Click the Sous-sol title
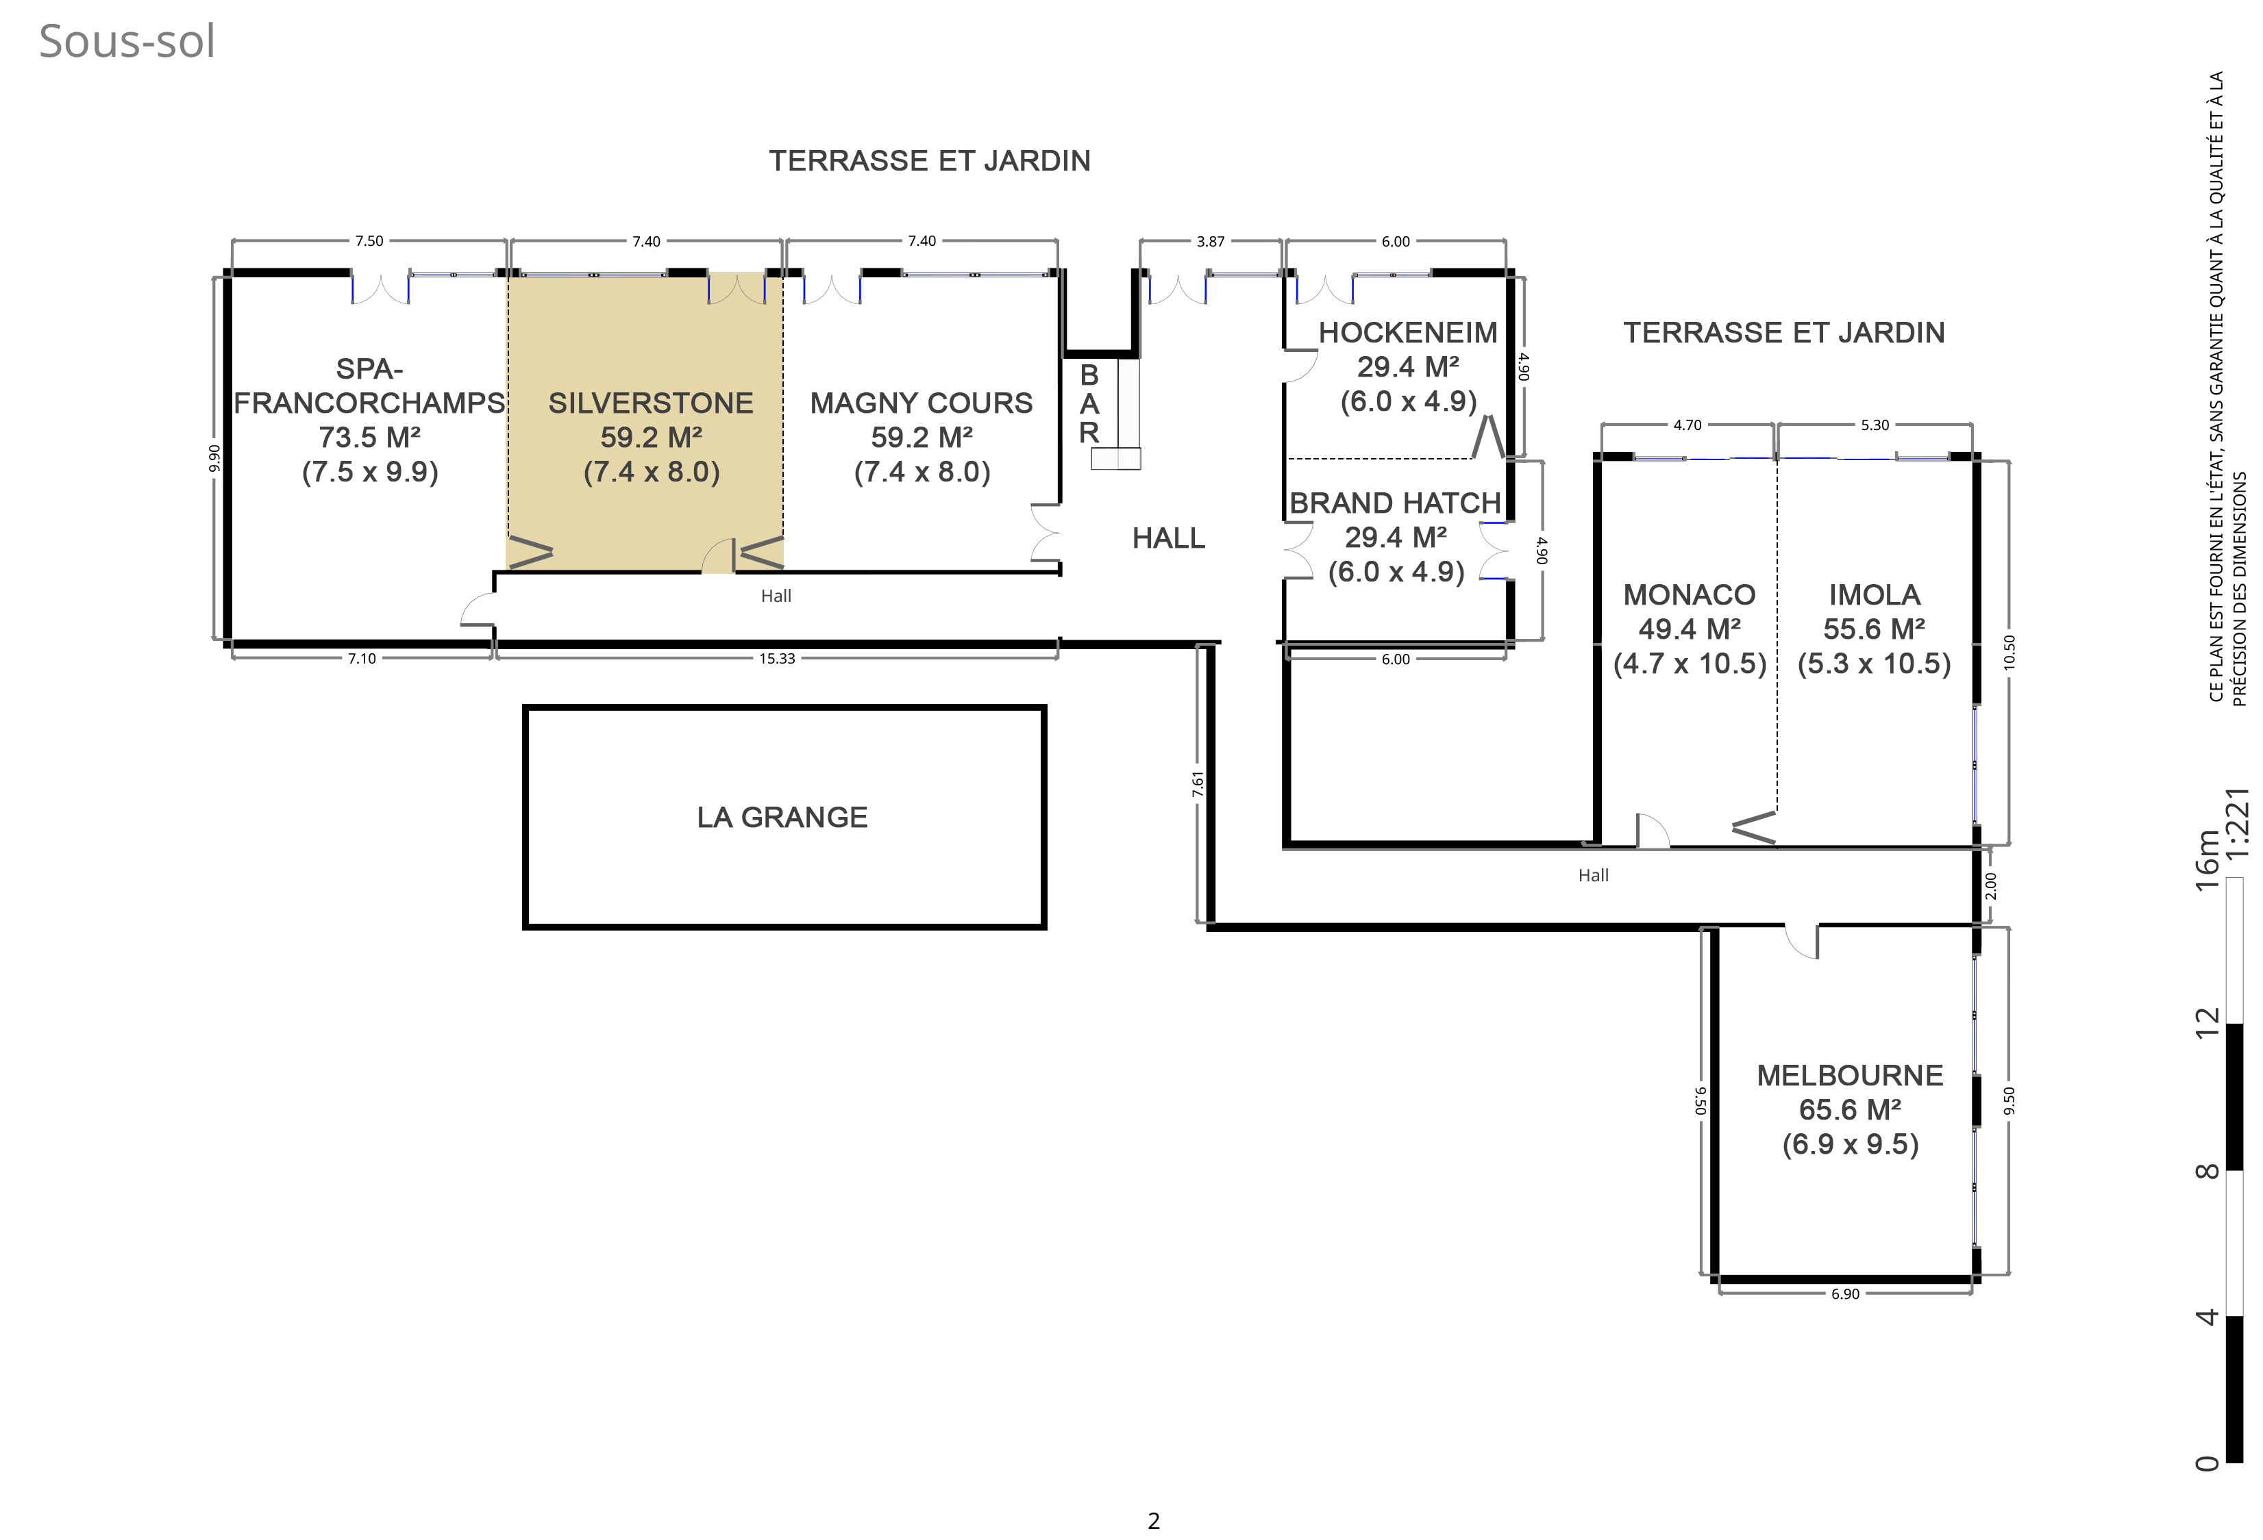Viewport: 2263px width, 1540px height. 127,42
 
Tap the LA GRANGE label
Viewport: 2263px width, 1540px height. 782,817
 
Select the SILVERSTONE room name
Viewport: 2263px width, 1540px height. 650,403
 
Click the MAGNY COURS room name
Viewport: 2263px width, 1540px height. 922,403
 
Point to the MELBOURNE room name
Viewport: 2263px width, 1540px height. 1850,1076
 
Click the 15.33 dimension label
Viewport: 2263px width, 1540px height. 777,659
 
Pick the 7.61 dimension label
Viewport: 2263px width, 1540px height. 1198,785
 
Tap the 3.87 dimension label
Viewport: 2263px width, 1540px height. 1211,242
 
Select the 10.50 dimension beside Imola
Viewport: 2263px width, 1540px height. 2009,652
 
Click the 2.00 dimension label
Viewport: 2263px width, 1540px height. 1990,886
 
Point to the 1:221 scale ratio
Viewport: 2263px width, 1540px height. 2237,822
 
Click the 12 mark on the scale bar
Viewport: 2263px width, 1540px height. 2207,1022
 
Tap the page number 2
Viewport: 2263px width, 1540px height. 1154,1521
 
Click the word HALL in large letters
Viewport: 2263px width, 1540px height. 1169,538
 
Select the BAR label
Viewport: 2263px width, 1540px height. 1089,404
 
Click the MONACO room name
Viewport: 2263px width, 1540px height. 1690,595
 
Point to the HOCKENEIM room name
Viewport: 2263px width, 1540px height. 1408,333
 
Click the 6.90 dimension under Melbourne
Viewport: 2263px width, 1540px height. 1845,1293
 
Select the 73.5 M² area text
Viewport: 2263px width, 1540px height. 370,437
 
